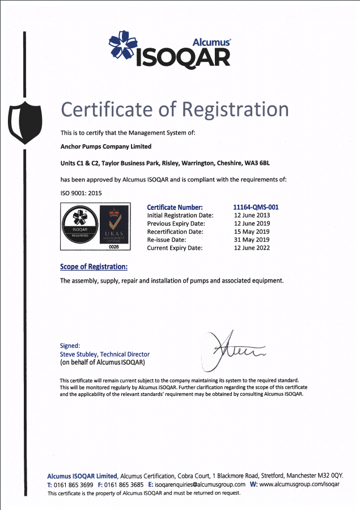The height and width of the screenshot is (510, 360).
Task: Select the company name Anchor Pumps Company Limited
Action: click(106, 146)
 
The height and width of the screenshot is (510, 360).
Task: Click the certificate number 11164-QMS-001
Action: click(256, 207)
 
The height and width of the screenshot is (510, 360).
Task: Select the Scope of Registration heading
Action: click(94, 267)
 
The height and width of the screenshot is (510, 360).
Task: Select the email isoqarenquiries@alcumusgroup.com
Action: click(200, 484)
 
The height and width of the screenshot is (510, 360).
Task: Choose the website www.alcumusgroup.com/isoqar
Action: click(299, 484)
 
